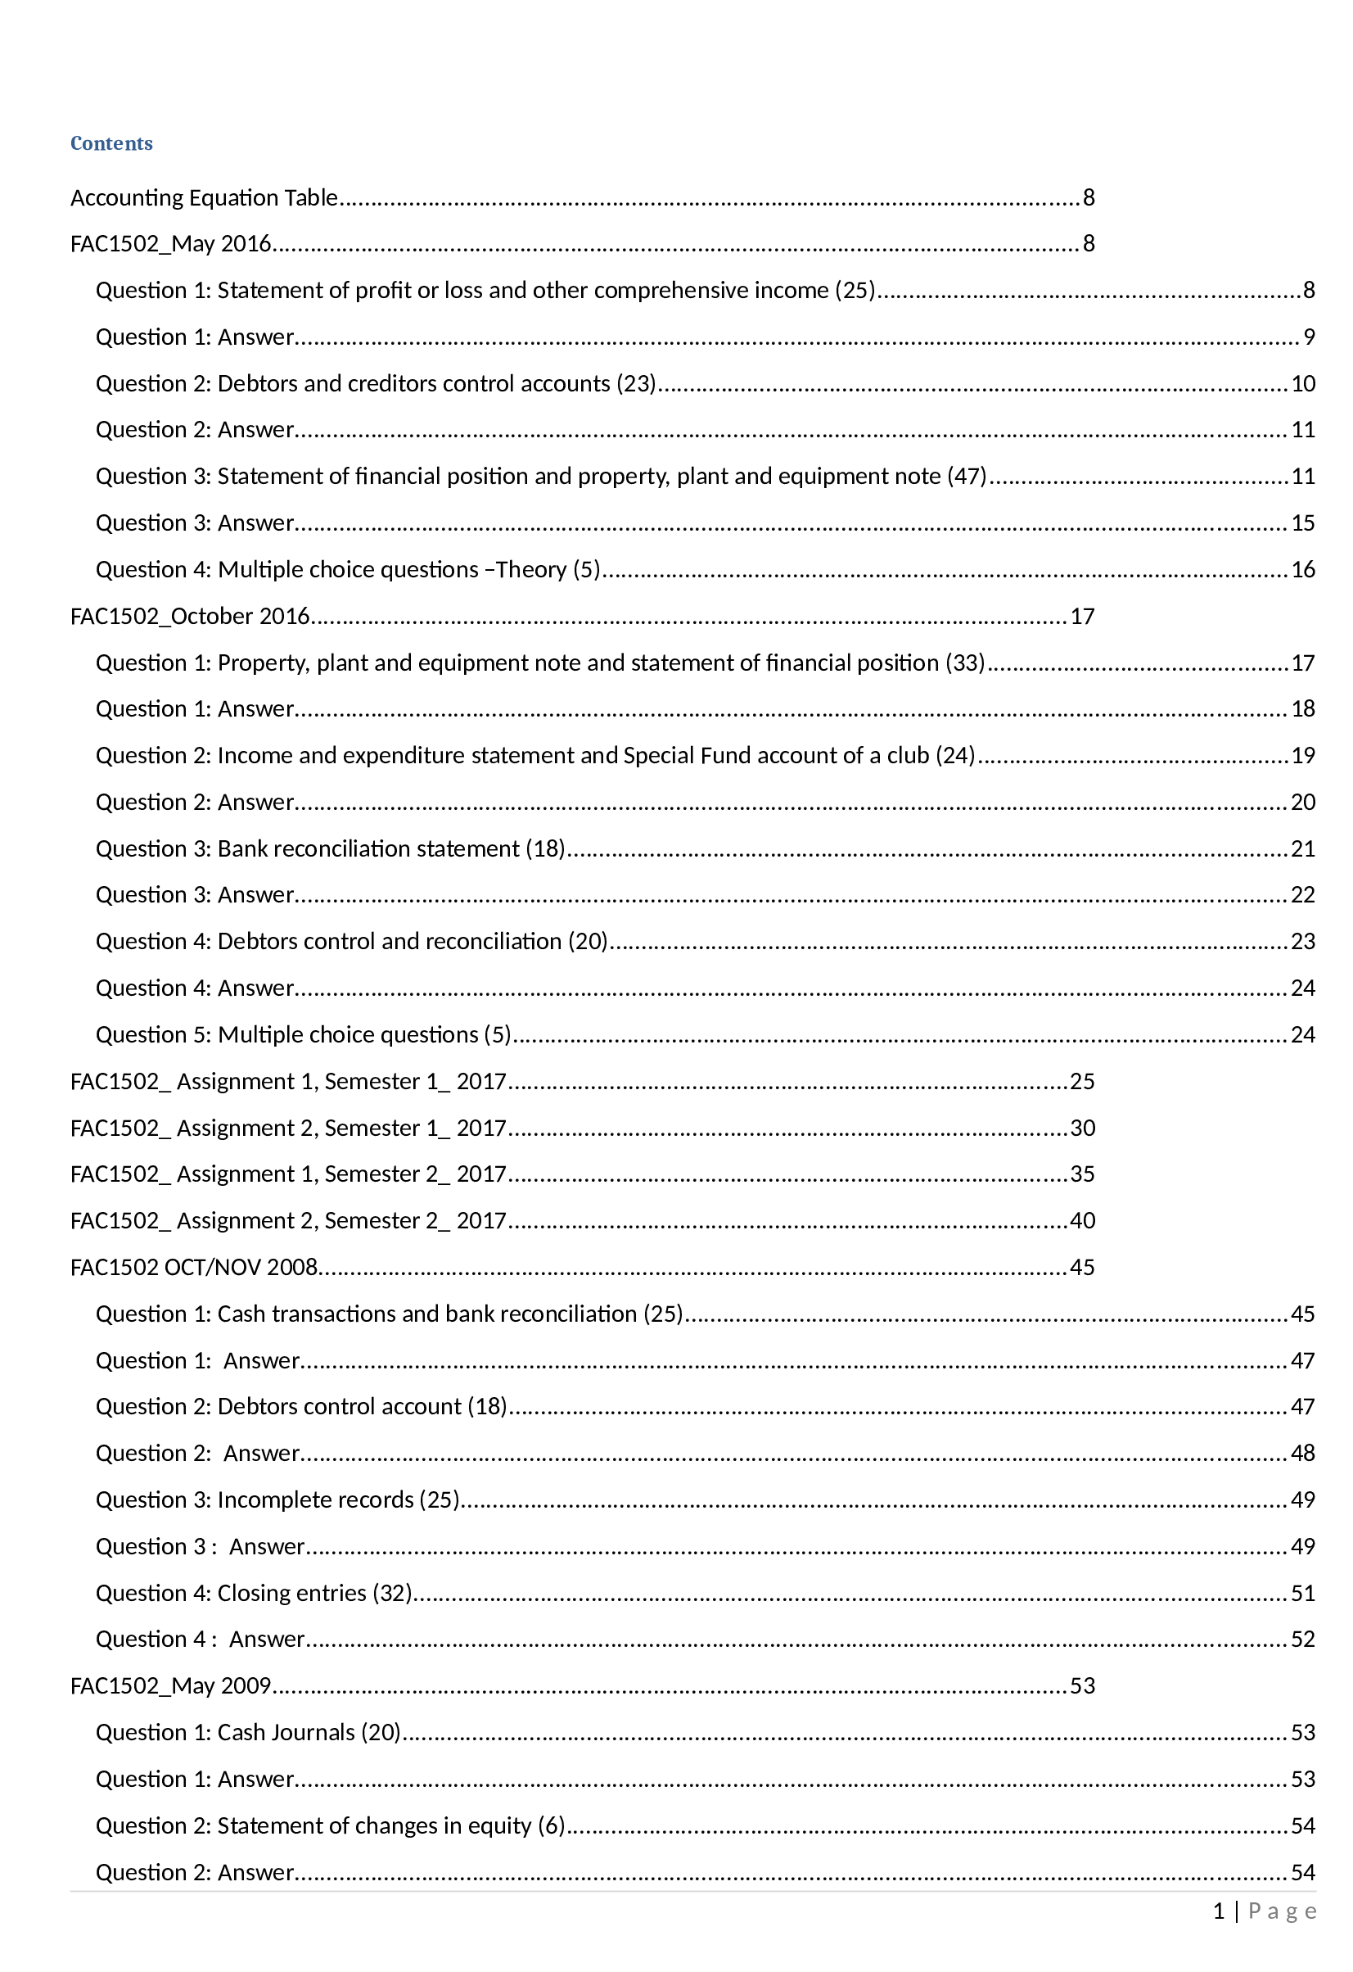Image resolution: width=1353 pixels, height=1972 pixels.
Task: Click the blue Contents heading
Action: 111,143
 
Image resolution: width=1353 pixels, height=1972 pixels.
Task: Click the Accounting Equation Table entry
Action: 204,197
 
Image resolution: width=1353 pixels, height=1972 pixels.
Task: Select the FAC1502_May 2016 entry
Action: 170,244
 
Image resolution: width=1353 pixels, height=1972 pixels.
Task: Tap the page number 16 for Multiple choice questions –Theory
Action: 1302,569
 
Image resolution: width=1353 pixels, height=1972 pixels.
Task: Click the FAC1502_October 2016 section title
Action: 190,616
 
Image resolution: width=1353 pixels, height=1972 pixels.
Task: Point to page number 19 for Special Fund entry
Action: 1302,755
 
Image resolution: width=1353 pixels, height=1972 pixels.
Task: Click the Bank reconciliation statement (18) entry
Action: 390,848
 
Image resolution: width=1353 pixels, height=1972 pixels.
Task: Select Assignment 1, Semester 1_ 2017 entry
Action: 288,1081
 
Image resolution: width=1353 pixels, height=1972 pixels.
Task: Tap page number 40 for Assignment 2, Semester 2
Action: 1082,1220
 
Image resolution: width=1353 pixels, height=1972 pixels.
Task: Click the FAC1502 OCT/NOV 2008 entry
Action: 193,1267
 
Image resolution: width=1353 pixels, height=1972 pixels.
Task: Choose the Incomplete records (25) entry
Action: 337,1499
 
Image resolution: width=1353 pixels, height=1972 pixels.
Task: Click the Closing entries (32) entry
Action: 313,1593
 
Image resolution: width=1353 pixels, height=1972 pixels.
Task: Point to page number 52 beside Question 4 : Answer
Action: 1302,1639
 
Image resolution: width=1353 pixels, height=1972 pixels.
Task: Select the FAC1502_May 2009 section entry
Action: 170,1685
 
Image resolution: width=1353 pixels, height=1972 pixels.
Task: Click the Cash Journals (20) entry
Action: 308,1732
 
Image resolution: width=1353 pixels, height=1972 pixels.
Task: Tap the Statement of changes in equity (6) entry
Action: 390,1825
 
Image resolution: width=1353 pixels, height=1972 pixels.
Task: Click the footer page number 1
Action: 1218,1911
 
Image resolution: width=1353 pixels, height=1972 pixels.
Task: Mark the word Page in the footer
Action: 1282,1911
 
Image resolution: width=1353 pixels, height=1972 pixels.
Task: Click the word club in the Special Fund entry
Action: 908,755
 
